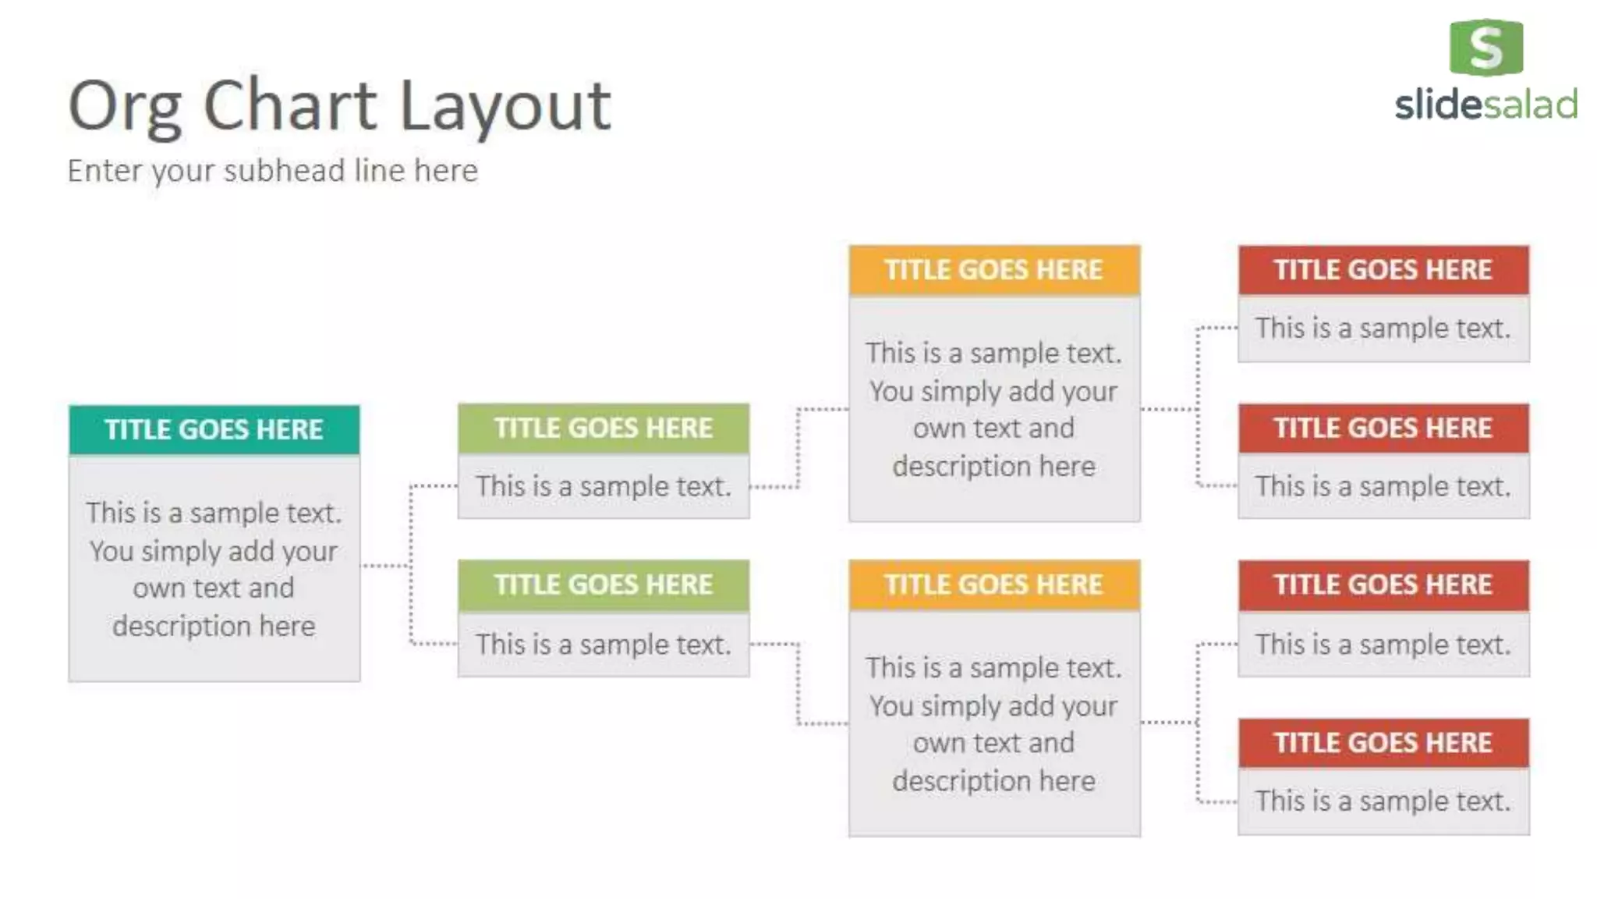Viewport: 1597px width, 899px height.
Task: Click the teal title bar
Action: (x=214, y=429)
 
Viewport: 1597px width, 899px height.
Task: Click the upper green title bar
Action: (x=603, y=428)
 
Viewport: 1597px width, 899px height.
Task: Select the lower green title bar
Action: (x=603, y=585)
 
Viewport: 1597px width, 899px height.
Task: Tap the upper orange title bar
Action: (x=993, y=270)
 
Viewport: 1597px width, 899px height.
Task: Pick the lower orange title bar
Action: (x=993, y=585)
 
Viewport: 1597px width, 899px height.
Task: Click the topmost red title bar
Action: (x=1383, y=270)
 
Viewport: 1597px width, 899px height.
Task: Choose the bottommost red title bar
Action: (x=1383, y=743)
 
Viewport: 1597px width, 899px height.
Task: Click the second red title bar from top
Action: (x=1383, y=428)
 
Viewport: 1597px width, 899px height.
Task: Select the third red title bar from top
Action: (x=1383, y=585)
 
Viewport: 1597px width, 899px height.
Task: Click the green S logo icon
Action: (x=1485, y=48)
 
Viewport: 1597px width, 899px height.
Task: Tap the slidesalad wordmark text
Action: (x=1485, y=105)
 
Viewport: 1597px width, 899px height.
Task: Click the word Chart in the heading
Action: (x=290, y=105)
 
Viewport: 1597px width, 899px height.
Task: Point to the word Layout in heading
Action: (x=505, y=107)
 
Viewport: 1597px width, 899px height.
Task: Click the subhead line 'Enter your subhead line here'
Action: (x=272, y=171)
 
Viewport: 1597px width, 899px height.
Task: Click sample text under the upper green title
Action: (x=603, y=486)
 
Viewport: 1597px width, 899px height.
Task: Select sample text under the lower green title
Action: (x=603, y=645)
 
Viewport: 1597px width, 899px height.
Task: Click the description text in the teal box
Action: (x=214, y=569)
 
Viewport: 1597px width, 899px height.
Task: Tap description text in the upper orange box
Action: (x=993, y=409)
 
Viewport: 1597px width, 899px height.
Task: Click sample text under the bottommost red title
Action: (x=1383, y=801)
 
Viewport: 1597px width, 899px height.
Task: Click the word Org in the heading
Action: (x=125, y=107)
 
